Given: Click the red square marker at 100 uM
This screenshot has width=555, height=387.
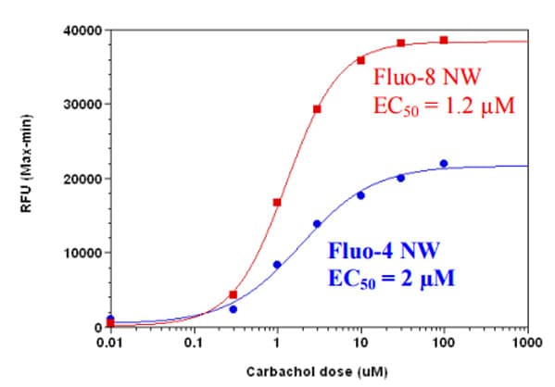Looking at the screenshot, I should (444, 40).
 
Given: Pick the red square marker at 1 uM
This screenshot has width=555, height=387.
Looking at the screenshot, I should (277, 202).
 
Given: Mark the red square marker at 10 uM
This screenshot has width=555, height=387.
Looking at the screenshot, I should (360, 60).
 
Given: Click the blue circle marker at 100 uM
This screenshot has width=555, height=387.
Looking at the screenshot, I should (444, 163).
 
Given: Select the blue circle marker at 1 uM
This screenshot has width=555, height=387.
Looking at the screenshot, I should (277, 265).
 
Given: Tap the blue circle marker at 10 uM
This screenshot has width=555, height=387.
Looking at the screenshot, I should (360, 195).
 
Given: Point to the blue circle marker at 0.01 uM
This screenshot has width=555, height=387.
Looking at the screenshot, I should (110, 318).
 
